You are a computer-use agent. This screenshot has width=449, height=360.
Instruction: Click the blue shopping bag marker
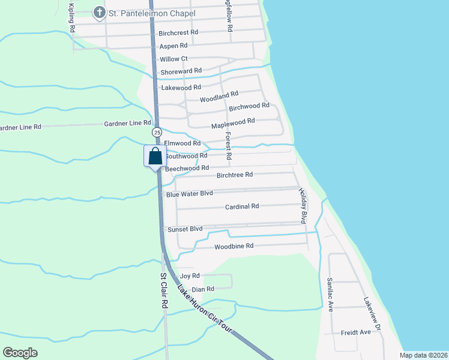155,157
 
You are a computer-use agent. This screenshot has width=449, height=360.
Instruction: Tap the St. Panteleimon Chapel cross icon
98,12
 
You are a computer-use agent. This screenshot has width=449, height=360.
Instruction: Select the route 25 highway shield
157,131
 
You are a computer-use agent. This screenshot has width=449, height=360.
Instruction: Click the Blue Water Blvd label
190,194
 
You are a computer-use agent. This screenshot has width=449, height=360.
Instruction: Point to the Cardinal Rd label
242,206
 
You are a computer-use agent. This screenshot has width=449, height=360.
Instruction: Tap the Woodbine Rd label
234,246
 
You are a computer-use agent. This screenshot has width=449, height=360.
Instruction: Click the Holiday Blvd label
304,205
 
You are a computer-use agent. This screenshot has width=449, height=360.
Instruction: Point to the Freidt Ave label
357,332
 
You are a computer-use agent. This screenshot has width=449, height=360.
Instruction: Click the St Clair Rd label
163,291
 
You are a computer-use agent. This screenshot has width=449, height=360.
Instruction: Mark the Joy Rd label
190,276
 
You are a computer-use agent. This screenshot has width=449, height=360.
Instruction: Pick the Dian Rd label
203,289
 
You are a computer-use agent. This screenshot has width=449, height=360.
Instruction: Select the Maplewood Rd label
234,124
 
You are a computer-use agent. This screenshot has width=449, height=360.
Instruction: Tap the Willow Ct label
174,59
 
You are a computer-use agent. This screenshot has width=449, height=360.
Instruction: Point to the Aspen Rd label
173,46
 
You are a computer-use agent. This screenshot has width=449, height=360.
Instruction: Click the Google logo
20,353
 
